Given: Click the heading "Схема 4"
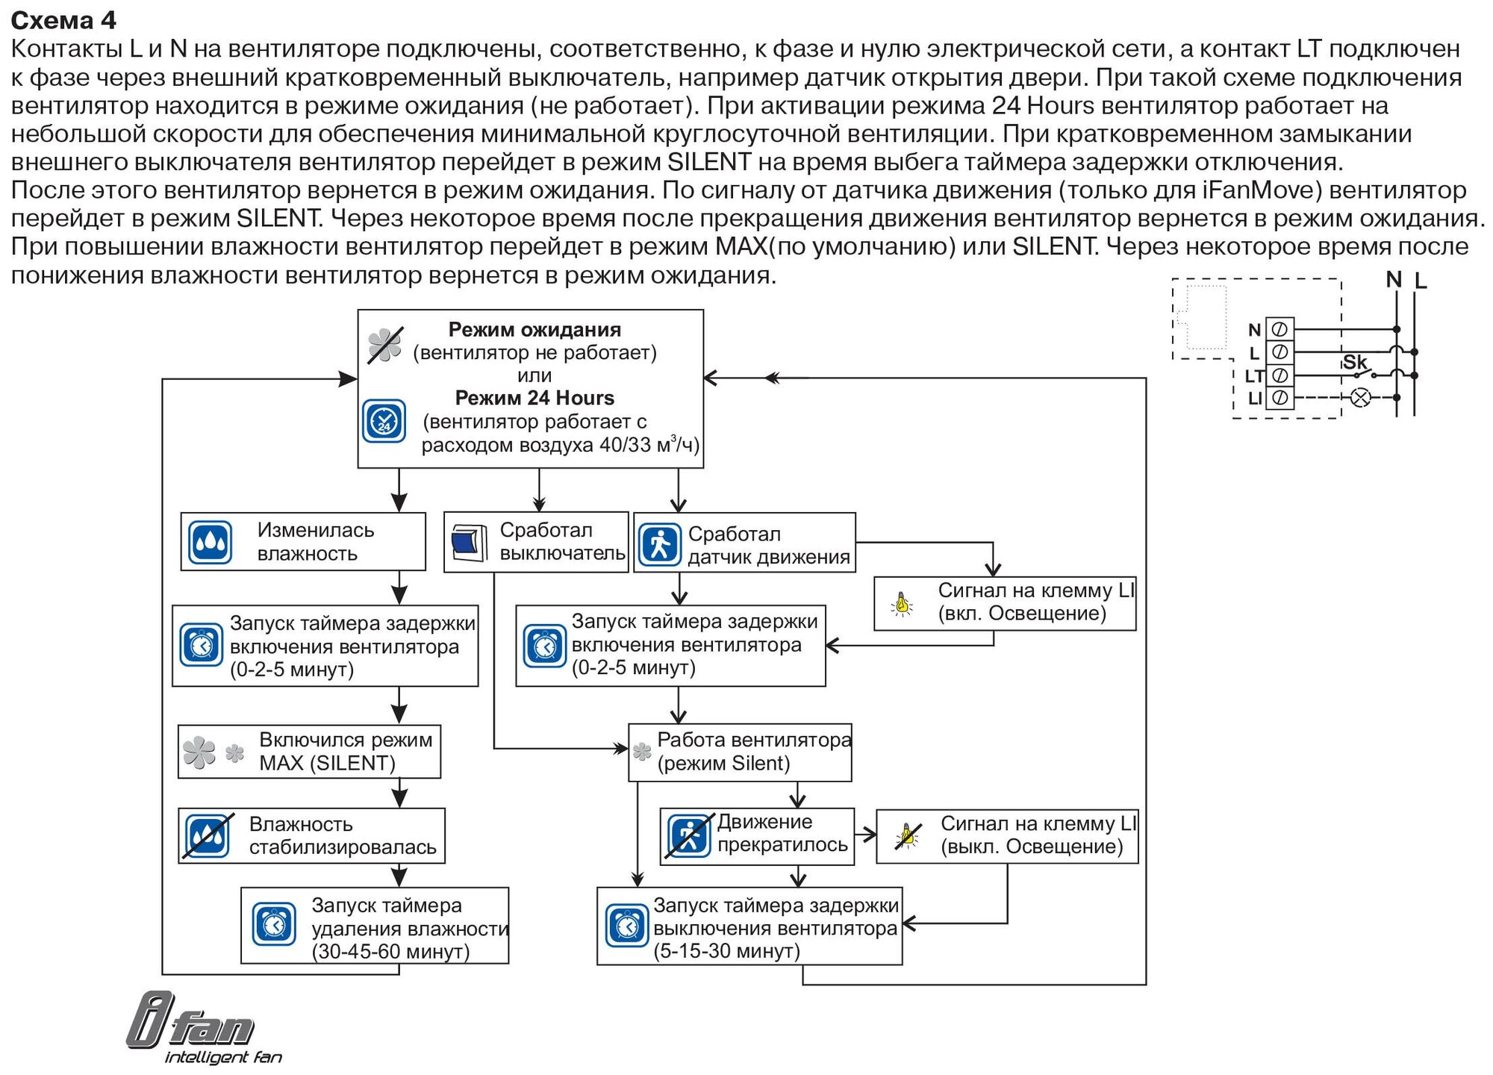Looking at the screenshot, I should pos(63,20).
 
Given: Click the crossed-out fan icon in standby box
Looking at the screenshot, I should pos(385,346).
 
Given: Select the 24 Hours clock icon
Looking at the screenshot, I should pos(384,421).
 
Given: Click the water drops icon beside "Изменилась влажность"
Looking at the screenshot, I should pos(210,542).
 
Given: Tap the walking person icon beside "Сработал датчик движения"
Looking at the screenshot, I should pos(659,544).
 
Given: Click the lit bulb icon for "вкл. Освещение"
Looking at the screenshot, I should pos(903,603).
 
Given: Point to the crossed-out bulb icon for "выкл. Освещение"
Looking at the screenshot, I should pos(908,835).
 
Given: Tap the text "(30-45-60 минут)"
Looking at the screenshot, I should pos(390,951).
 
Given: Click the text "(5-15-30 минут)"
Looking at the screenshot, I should pos(726,950).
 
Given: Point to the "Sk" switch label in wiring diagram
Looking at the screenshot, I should pos(1354,362).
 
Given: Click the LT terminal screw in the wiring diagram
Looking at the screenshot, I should pos(1280,375).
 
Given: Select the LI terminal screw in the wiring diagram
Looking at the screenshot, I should pos(1280,398).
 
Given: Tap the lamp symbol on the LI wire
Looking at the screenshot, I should pos(1361,398).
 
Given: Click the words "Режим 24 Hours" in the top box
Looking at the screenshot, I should pos(534,398).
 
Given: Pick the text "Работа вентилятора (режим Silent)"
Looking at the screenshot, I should pos(753,751).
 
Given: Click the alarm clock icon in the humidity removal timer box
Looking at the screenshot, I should pos(274,925).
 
